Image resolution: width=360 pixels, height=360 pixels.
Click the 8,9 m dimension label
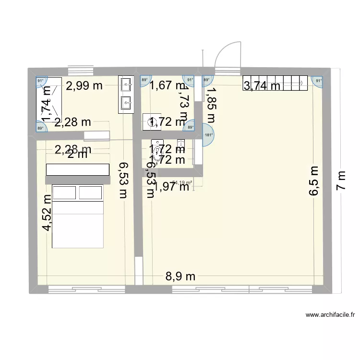[180, 276]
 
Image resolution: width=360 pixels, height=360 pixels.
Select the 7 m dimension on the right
[341, 181]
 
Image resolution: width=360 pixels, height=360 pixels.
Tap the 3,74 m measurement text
[262, 86]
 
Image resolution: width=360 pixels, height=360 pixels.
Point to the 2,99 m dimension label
[84, 86]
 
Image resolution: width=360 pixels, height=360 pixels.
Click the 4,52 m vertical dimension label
[47, 213]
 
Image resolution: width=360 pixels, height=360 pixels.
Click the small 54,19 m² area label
[182, 182]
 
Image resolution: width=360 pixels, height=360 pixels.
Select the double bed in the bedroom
[78, 216]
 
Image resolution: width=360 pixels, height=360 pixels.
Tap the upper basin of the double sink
[126, 85]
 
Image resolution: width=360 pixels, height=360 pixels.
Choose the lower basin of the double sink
[126, 102]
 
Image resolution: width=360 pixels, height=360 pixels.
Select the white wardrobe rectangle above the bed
[78, 169]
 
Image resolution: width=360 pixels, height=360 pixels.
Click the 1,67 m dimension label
[167, 86]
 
